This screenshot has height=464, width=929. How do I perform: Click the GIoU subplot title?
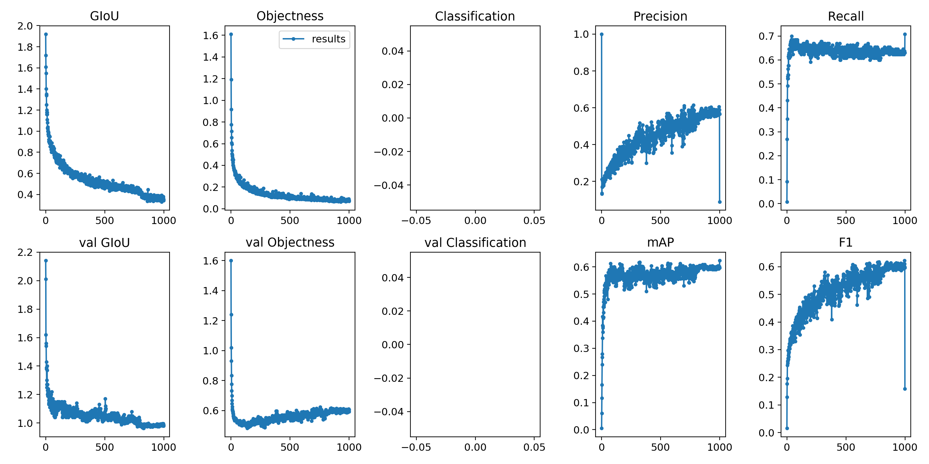tap(104, 16)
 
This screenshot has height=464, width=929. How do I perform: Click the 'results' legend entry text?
tap(328, 39)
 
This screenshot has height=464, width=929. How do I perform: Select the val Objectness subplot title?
tap(290, 243)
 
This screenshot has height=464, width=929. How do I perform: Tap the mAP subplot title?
tap(660, 243)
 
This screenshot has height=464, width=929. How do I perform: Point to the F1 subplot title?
tap(845, 243)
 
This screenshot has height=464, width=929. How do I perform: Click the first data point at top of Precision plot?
tap(602, 34)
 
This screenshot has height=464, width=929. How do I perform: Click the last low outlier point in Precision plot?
tap(719, 202)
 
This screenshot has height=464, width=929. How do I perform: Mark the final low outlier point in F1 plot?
tap(904, 389)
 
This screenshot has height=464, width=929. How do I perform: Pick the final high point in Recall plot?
tap(904, 34)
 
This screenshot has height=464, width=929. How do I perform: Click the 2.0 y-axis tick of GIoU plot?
tap(25, 26)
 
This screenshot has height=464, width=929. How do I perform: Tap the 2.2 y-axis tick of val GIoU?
tap(25, 253)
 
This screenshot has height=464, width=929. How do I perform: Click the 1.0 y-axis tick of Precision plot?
tap(581, 34)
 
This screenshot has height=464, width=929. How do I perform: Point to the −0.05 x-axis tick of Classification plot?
tap(416, 221)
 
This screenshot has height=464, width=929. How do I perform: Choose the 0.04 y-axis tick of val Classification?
tap(393, 278)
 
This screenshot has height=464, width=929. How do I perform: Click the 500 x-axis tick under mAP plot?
tap(660, 447)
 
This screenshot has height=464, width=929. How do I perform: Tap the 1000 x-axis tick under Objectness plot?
tap(349, 221)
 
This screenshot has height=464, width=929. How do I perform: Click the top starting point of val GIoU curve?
tap(46, 261)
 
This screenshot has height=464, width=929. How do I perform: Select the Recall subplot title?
tap(845, 17)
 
